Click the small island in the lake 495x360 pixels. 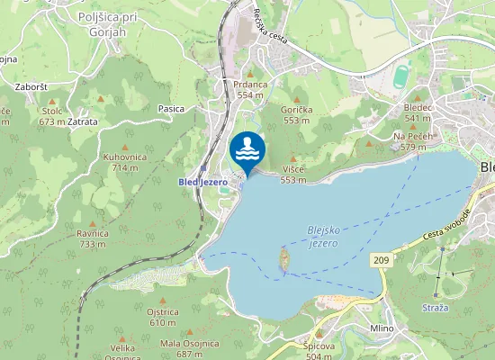[285, 261]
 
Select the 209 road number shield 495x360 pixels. [380, 259]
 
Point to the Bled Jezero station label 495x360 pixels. [202, 181]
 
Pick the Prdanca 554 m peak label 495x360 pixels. [252, 89]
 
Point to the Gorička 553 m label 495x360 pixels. [297, 114]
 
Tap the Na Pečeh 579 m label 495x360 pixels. [413, 140]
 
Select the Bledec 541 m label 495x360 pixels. [418, 112]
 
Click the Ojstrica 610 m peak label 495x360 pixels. [162, 317]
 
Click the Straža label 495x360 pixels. [436, 308]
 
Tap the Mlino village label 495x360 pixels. [382, 328]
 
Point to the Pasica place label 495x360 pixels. [171, 109]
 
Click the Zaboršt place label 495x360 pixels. [31, 87]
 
